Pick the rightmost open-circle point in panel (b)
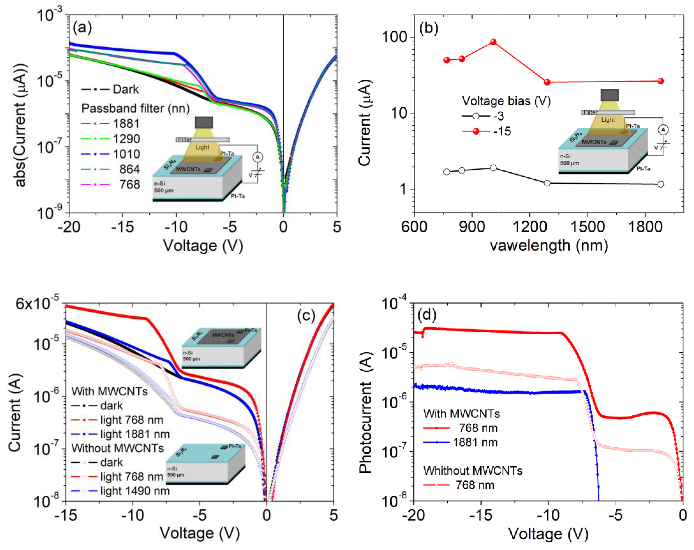coord(660,184)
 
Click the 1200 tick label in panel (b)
coord(529,227)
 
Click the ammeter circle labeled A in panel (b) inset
coord(663,130)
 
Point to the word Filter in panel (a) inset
coord(185,140)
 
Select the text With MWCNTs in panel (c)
coord(109,391)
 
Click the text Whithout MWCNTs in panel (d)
coord(473,471)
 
